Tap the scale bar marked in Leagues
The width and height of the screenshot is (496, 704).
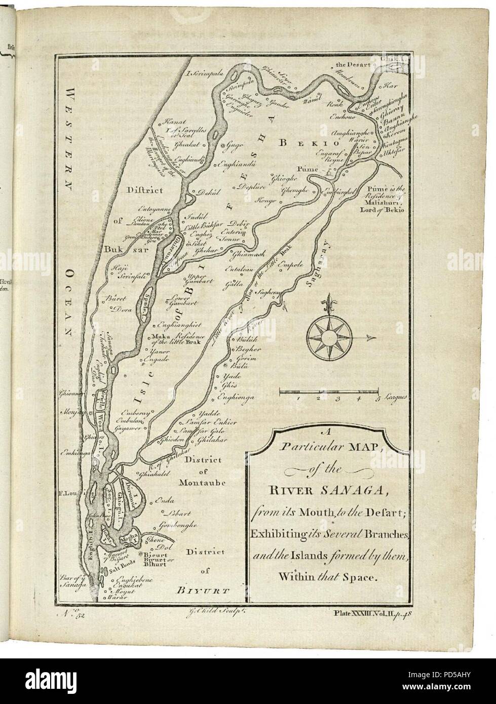click(x=328, y=392)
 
